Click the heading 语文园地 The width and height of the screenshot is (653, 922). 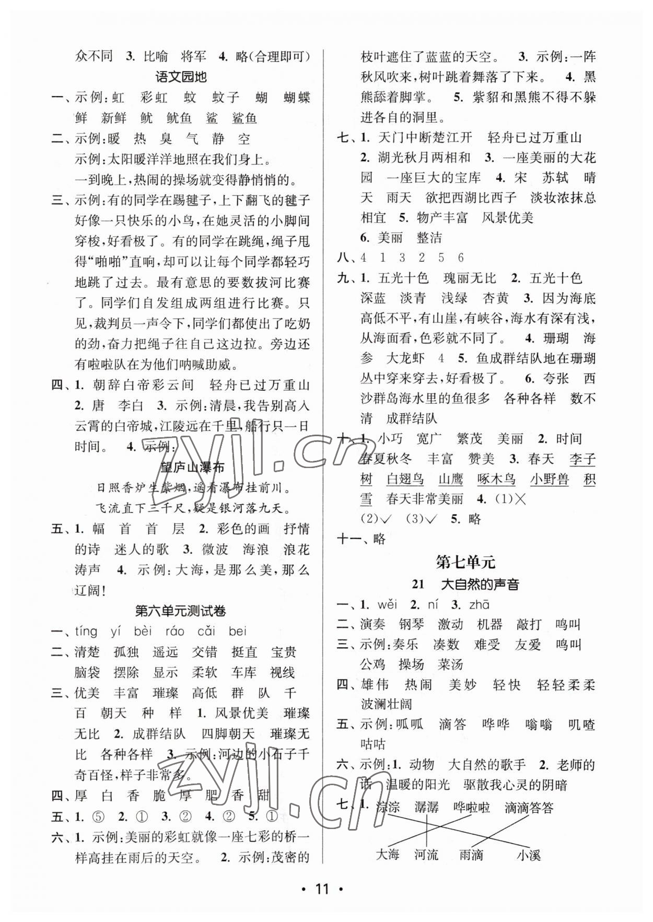pos(181,77)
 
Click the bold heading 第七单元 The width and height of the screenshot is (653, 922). pos(465,562)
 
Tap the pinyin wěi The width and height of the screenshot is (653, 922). pos(387,604)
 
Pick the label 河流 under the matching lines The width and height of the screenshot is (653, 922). pos(426,855)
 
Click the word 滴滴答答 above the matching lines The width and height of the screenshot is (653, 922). pos(529,808)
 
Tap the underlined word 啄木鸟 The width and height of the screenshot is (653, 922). pos(496,479)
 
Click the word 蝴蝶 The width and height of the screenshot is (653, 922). pos(297,97)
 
